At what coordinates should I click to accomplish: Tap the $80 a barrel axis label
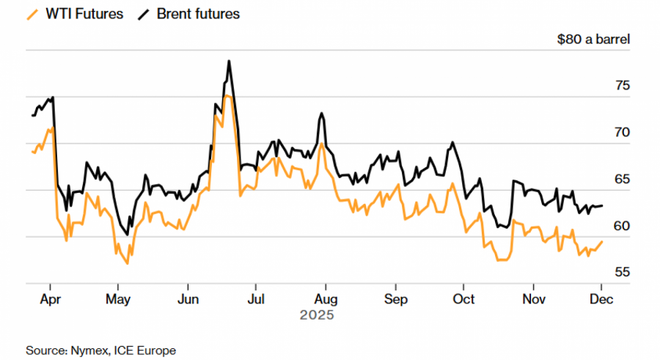click(x=593, y=40)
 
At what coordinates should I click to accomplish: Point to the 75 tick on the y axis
click(x=622, y=86)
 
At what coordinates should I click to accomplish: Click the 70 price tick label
click(x=622, y=133)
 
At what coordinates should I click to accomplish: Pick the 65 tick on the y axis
click(x=622, y=180)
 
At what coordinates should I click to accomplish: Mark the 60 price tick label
click(x=622, y=226)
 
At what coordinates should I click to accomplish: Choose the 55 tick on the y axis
click(x=622, y=272)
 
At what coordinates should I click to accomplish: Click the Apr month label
click(x=50, y=299)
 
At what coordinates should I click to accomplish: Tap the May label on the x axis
click(x=118, y=299)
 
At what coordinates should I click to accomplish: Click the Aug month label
click(x=326, y=299)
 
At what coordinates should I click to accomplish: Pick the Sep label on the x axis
click(x=395, y=299)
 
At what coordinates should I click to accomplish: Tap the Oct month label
click(x=463, y=299)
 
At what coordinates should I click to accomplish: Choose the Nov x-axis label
click(x=533, y=299)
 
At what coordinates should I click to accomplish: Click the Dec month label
click(x=601, y=299)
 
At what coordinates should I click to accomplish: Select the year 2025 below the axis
click(x=317, y=316)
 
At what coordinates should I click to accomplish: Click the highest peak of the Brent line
click(x=229, y=61)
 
